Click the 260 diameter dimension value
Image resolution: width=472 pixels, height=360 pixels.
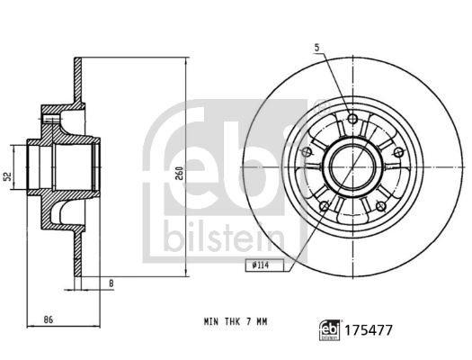point(180,173)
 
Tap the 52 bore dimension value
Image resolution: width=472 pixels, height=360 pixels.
point(8,176)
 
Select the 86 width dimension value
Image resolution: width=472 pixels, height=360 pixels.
point(49,319)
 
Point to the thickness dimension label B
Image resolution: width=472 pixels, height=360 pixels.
point(111,283)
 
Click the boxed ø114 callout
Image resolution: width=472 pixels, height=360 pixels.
point(264,265)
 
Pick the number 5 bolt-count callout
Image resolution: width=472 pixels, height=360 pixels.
point(316,48)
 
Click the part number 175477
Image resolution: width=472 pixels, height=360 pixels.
point(369,330)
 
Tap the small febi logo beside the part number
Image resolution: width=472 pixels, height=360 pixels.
point(330,330)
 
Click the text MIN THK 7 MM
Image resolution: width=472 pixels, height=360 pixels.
point(236,321)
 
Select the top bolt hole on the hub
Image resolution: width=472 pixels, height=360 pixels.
point(352,119)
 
